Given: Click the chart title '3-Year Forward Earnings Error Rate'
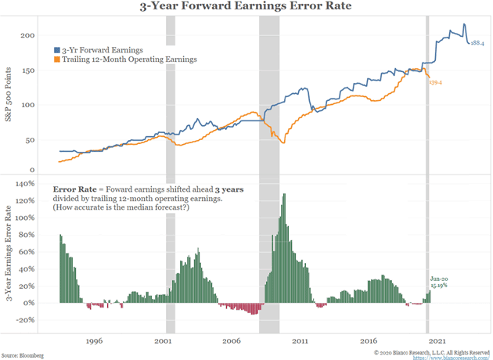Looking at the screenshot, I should point(246,10).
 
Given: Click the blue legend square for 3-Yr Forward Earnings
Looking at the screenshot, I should point(56,49).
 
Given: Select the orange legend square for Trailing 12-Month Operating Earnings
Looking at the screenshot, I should point(56,59).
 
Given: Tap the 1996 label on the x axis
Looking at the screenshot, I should point(95,341).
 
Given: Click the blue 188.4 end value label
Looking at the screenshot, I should point(477,44).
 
